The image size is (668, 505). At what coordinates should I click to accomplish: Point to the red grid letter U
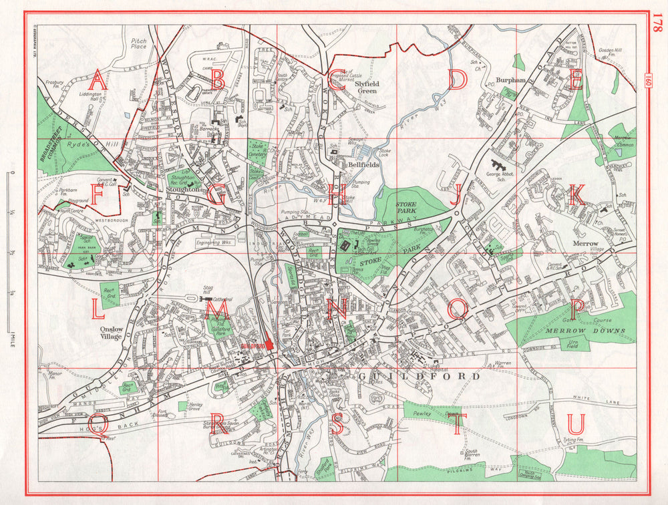click(576, 424)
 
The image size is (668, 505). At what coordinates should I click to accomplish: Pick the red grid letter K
click(576, 194)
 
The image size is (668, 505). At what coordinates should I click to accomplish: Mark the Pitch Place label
click(139, 44)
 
